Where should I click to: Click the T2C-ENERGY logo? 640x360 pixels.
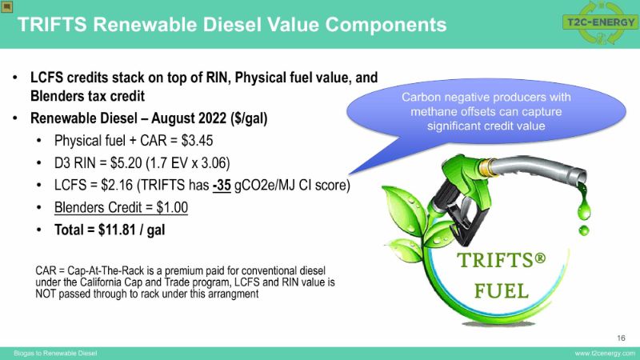601,22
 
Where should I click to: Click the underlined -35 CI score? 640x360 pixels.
222,186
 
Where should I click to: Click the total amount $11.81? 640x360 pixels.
117,230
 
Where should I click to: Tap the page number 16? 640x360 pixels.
621,338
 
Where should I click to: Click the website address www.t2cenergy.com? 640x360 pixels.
605,354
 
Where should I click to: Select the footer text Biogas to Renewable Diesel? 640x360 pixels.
55,354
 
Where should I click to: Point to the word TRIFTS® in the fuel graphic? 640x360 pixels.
502,261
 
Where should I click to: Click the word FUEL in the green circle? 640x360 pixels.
502,291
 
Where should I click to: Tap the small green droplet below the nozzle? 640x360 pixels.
584,230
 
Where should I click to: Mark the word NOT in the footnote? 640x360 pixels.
46,294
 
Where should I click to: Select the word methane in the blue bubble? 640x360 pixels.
434,112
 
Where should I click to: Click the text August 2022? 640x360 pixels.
189,118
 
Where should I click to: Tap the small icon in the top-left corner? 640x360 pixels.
7,6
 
